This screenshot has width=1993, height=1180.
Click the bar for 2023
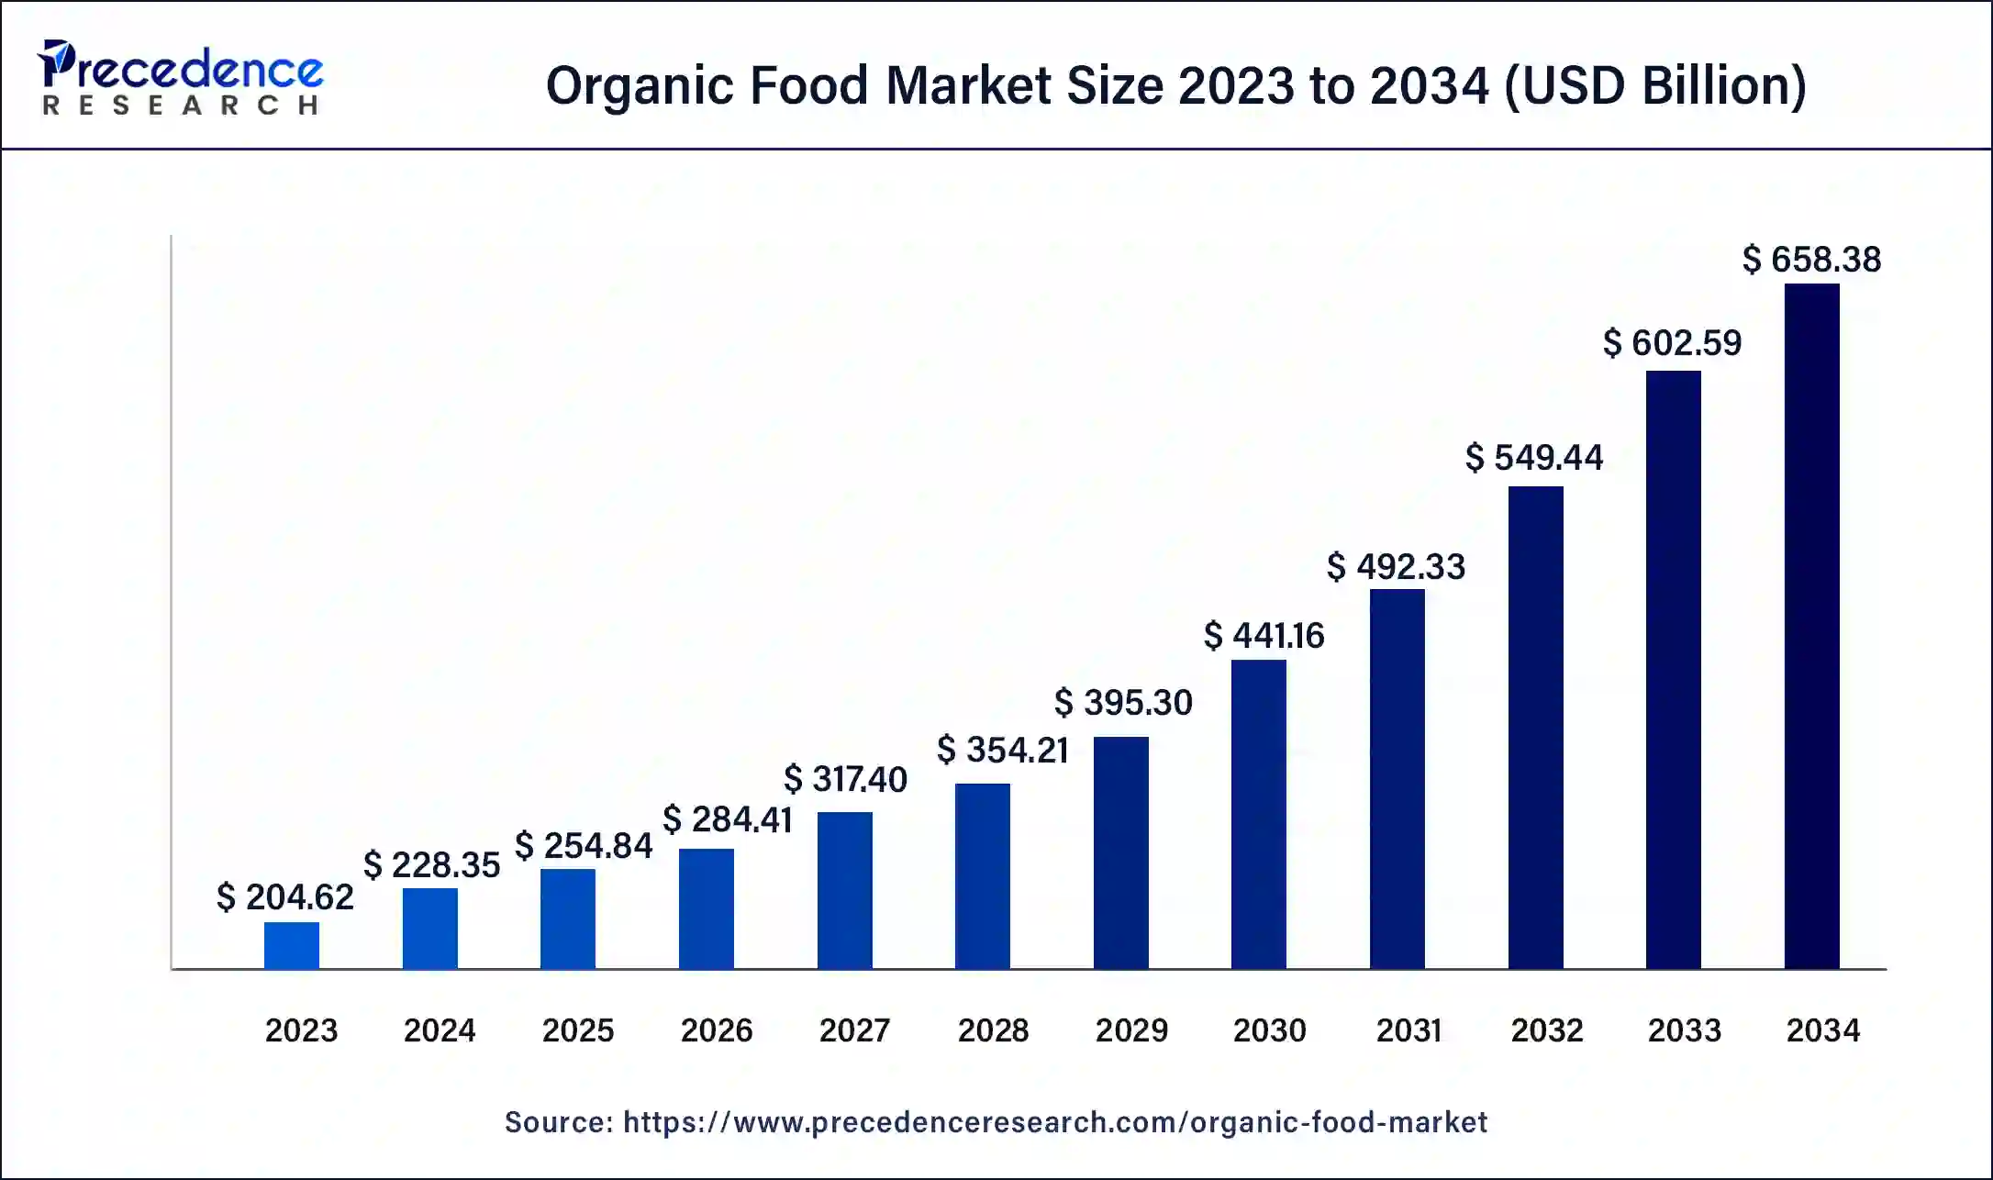292,945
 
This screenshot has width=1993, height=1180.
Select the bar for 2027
844,890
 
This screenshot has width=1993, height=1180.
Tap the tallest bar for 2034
1811,626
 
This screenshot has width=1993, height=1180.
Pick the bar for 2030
1258,814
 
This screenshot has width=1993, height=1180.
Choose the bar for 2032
1535,728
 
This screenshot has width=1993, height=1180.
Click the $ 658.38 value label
1811,260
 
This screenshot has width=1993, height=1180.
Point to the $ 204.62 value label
284,896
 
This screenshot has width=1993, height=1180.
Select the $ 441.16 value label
1264,635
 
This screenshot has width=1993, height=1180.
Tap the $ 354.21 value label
1002,750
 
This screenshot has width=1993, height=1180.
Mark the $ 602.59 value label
1672,343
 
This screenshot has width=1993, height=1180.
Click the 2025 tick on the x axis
577,1030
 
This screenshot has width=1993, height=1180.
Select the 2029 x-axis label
1131,1030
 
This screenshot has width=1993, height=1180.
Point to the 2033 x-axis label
1684,1030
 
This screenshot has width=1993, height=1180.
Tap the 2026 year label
716,1030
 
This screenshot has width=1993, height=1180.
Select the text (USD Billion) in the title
1654,86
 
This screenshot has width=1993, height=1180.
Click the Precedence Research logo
180,77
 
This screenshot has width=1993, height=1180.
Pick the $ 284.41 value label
727,819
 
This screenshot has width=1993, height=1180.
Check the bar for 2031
1397,778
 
